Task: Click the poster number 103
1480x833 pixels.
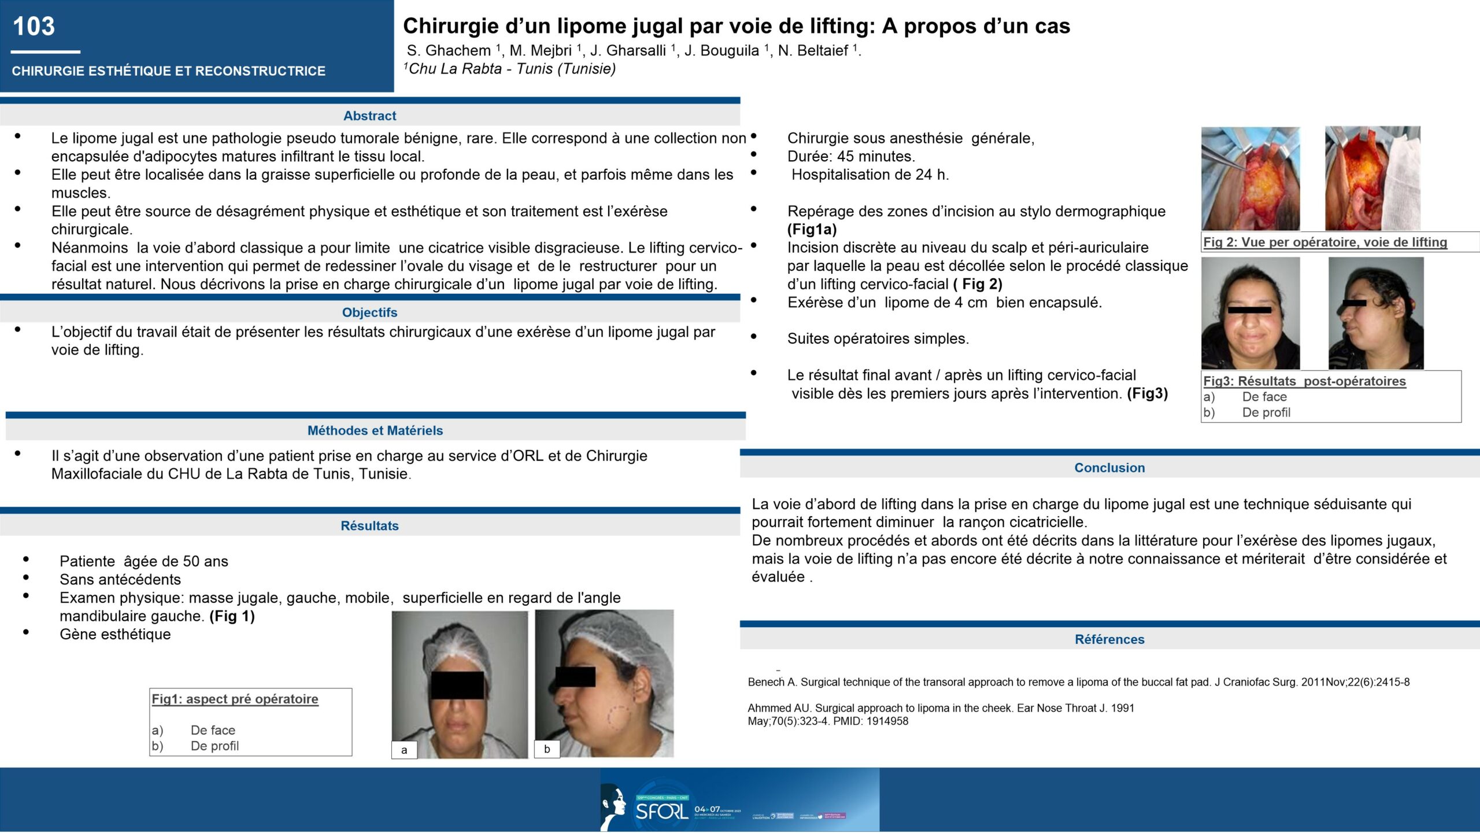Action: [x=34, y=27]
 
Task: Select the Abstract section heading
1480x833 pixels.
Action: [x=369, y=116]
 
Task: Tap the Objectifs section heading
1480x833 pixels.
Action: [x=369, y=312]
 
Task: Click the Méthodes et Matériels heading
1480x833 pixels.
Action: [x=375, y=430]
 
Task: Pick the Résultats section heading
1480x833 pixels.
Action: [x=369, y=526]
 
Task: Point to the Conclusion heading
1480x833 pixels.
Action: [x=1109, y=468]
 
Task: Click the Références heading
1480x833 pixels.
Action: [x=1109, y=639]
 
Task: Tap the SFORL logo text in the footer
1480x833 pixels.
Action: [x=662, y=811]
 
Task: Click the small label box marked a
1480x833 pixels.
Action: [x=404, y=750]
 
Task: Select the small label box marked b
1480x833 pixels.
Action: [x=547, y=749]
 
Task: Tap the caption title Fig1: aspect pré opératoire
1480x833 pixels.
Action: [x=235, y=699]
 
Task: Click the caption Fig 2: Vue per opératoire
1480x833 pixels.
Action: [x=1325, y=242]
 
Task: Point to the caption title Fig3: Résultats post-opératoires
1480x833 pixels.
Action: [x=1304, y=381]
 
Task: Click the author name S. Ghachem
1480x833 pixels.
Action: [x=449, y=51]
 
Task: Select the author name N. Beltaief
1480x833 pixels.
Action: [x=813, y=51]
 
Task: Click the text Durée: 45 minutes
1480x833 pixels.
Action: [x=851, y=156]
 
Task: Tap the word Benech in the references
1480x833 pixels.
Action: [x=766, y=682]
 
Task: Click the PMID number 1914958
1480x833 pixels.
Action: [x=887, y=721]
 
